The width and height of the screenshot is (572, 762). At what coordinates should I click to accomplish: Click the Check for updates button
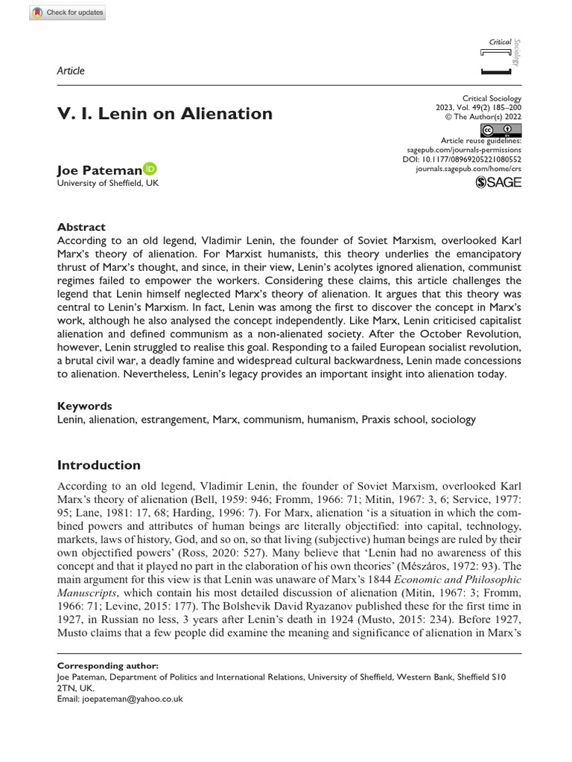pyautogui.click(x=68, y=13)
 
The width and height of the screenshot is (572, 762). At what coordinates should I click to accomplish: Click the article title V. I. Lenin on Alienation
pyautogui.click(x=165, y=114)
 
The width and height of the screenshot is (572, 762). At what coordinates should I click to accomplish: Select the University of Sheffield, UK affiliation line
pyautogui.click(x=107, y=183)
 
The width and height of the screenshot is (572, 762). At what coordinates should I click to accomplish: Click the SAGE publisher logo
pyautogui.click(x=498, y=183)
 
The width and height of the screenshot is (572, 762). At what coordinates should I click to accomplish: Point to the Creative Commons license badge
pyautogui.click(x=502, y=129)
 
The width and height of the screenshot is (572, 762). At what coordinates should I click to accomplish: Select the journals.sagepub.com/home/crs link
pyautogui.click(x=468, y=170)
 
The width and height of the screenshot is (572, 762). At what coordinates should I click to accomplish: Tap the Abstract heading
pyautogui.click(x=81, y=227)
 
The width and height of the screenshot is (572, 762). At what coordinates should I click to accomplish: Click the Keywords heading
pyautogui.click(x=84, y=406)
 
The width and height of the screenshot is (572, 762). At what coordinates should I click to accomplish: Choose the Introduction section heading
pyautogui.click(x=98, y=465)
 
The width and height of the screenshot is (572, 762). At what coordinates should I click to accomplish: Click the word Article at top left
pyautogui.click(x=71, y=71)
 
